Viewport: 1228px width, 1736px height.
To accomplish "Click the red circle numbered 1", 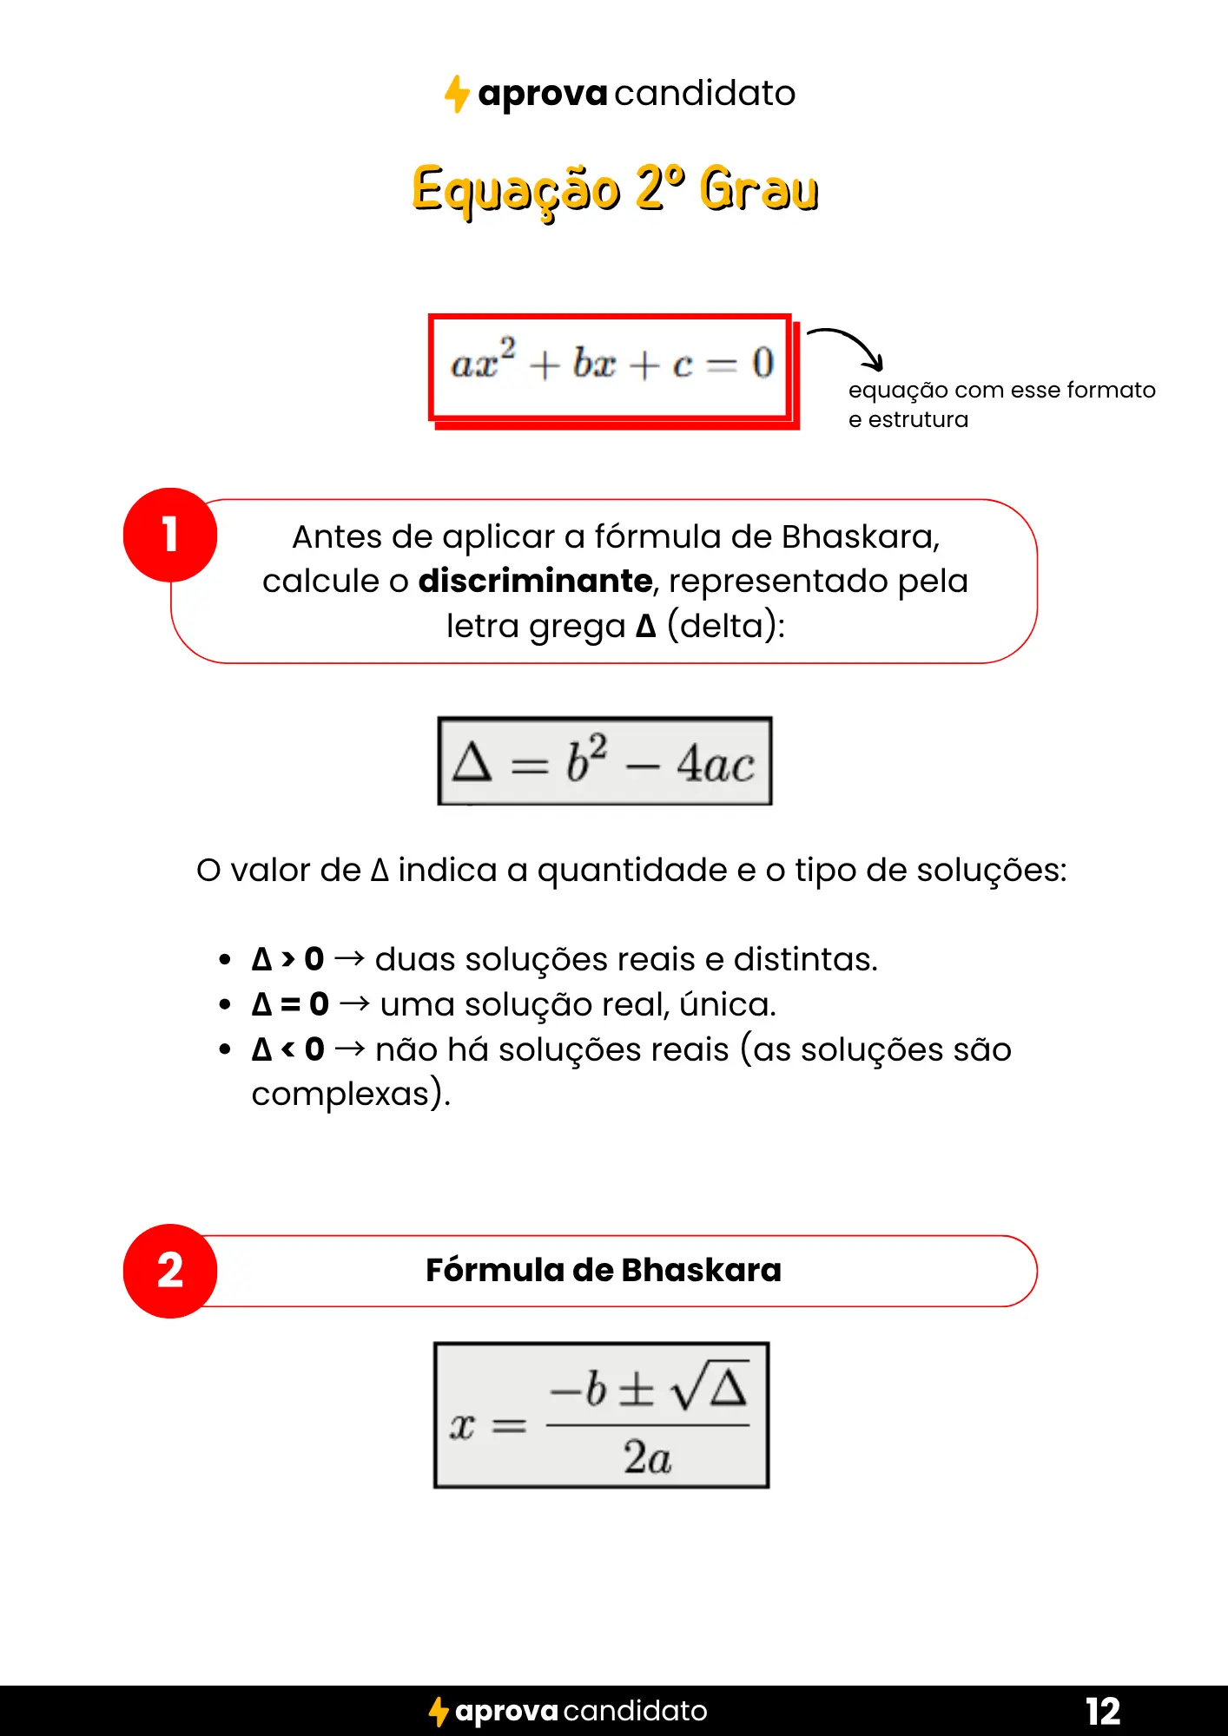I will coord(170,535).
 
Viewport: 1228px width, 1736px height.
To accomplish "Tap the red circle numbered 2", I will coord(170,1271).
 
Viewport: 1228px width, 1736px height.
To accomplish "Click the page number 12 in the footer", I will coord(1103,1711).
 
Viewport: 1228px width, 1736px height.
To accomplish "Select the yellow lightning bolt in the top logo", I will coord(457,94).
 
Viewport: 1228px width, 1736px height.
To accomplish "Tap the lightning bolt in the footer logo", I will coord(439,1712).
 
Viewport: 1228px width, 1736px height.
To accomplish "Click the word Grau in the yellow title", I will coord(759,189).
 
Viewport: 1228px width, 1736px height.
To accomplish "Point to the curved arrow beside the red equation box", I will coord(848,345).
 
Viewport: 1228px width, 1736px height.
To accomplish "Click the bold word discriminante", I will coord(535,581).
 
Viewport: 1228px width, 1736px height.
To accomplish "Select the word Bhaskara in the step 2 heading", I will coord(701,1270).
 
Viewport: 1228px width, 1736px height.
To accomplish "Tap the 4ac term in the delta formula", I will coord(716,765).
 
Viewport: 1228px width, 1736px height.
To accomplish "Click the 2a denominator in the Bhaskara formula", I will coord(647,1457).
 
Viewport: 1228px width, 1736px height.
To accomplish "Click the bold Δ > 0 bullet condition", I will coord(287,959).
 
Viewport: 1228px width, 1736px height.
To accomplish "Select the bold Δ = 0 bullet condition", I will coord(290,1004).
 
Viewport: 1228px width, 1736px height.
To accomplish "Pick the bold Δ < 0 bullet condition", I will coord(287,1049).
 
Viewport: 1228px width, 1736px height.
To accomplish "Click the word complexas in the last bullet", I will coord(340,1094).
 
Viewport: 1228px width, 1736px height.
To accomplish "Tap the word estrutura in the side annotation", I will coord(918,419).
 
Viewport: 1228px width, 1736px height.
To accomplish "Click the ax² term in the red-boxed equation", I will coord(483,360).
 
